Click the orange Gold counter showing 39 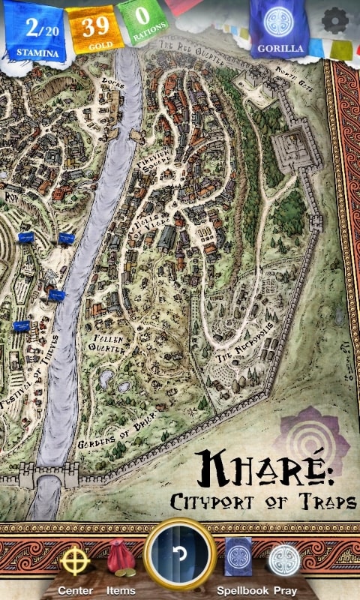96,30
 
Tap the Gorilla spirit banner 280,28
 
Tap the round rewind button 180,555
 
